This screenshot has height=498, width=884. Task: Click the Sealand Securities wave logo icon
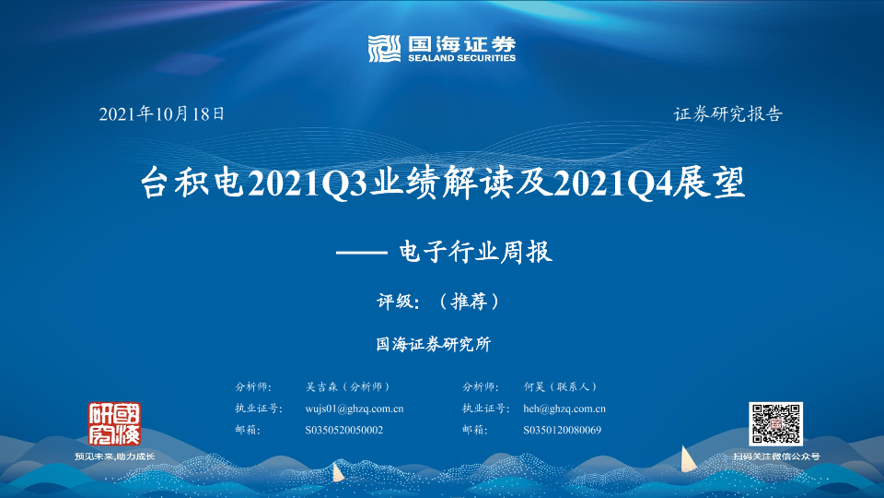click(384, 49)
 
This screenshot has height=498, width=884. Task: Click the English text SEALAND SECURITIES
click(461, 57)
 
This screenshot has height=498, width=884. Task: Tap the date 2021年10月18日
click(162, 114)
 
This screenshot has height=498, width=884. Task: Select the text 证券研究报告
click(727, 114)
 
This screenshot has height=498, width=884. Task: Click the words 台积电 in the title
click(192, 183)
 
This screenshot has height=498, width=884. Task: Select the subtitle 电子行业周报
click(475, 252)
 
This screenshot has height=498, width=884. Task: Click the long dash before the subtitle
click(361, 253)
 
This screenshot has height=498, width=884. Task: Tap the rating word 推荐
click(469, 301)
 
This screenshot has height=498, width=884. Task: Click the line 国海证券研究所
click(434, 344)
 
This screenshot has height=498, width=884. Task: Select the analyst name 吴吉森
click(321, 386)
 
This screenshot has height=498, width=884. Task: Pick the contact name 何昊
click(534, 386)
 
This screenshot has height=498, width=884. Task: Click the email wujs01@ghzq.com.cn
click(354, 409)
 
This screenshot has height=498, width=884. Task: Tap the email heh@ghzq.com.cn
click(564, 409)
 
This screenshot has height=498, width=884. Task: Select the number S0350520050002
click(343, 431)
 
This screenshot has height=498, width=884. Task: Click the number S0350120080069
click(562, 431)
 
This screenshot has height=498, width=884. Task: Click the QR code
click(775, 424)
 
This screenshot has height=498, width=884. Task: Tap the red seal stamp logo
click(114, 424)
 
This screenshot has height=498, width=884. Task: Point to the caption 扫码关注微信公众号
click(776, 456)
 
